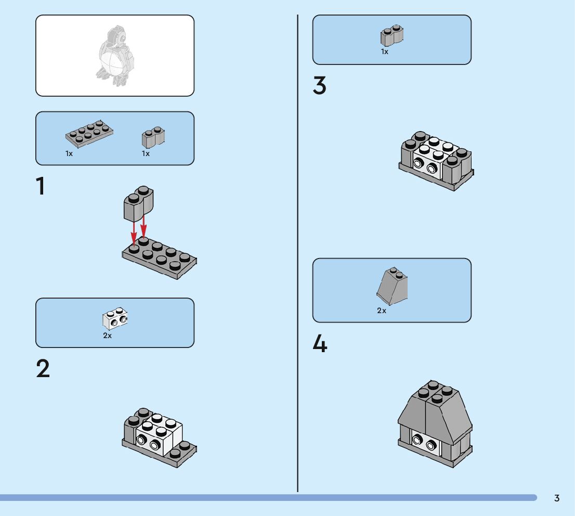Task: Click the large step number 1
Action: [41, 186]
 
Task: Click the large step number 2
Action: [43, 369]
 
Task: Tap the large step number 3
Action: [320, 86]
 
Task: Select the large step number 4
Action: [320, 344]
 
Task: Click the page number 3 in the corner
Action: [557, 498]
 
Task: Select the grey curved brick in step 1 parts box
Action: [153, 137]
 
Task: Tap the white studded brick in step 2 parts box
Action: [115, 318]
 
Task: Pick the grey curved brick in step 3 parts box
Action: [392, 35]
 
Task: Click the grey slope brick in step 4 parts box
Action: [393, 286]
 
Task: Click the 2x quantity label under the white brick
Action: [107, 336]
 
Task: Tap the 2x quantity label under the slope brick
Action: [382, 311]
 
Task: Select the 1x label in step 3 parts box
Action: [385, 52]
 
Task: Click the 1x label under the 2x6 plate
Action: [69, 153]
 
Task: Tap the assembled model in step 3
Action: [436, 161]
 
